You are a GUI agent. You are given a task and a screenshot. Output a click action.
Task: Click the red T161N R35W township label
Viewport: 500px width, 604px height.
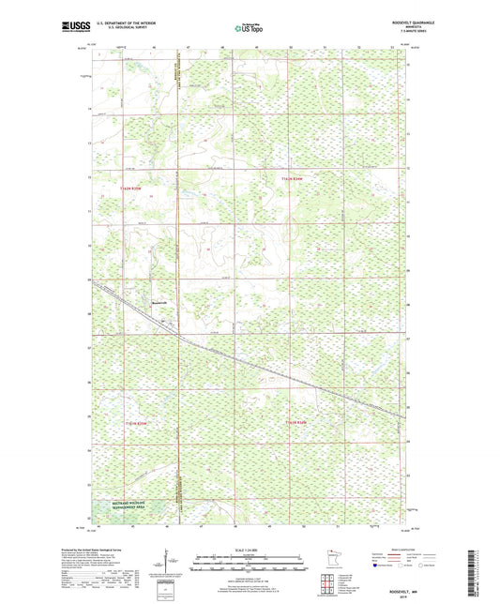pos(137,423)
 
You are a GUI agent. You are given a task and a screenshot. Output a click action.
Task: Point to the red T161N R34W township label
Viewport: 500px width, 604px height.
pos(297,423)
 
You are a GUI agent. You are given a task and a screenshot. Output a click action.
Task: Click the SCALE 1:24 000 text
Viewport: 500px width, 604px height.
pos(249,550)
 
